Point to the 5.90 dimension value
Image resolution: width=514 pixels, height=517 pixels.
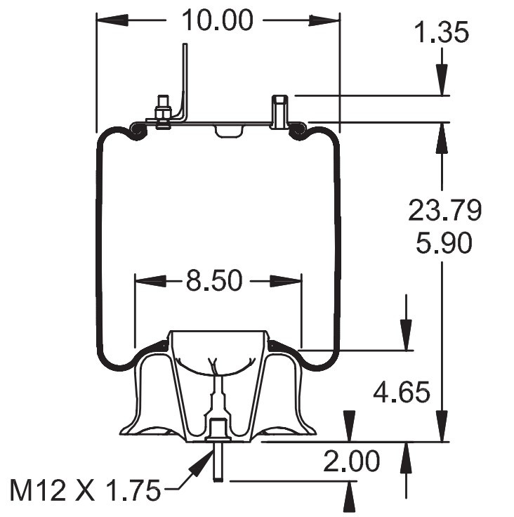click(442, 243)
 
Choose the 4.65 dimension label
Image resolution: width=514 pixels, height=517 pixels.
click(401, 392)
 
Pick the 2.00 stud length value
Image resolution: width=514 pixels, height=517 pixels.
click(351, 462)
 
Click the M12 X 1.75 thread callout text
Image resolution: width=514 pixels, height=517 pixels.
click(85, 490)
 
